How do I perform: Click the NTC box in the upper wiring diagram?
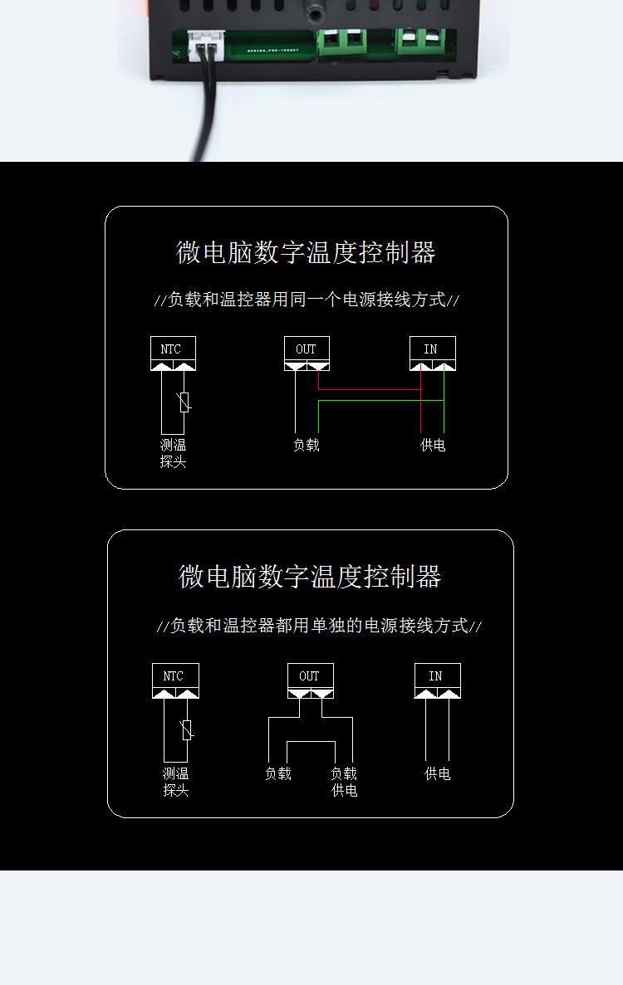(173, 353)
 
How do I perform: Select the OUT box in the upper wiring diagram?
(307, 353)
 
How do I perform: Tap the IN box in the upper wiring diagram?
(433, 353)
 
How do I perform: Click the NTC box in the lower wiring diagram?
(175, 680)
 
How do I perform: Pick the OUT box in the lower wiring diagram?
(311, 680)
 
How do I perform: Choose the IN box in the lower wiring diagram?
(438, 680)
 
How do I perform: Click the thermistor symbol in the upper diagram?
(185, 402)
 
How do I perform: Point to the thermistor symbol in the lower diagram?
(187, 729)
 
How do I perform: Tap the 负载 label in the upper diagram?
(307, 446)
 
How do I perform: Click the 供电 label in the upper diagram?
(433, 446)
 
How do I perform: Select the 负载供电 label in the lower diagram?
(344, 782)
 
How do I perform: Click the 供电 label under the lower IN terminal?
(438, 774)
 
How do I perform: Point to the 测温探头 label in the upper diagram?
(173, 454)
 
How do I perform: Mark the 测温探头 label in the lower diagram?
(175, 782)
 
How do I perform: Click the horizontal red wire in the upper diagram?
(370, 389)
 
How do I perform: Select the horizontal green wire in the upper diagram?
(381, 401)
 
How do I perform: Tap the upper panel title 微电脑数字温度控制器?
(307, 252)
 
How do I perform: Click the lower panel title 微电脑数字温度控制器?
(310, 577)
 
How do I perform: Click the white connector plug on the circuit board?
(205, 45)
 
